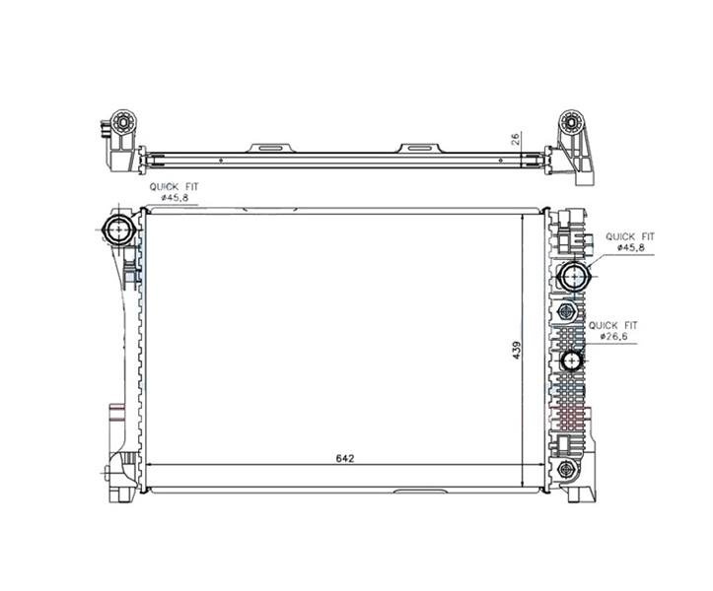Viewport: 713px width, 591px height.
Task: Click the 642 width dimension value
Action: [x=345, y=458]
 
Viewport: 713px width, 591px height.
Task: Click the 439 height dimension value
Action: [x=517, y=351]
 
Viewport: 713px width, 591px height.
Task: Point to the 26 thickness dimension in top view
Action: [x=517, y=138]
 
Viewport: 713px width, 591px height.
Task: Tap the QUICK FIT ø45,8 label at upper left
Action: [x=175, y=192]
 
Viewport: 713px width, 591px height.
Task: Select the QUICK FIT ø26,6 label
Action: [x=613, y=331]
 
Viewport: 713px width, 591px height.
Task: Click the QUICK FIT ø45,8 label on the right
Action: [x=630, y=241]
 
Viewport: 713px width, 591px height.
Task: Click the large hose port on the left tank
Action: [x=119, y=230]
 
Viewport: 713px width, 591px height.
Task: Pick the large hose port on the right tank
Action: [x=574, y=276]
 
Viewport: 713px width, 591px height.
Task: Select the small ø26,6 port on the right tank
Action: [x=571, y=361]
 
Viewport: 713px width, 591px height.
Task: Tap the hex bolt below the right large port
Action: [x=566, y=312]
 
